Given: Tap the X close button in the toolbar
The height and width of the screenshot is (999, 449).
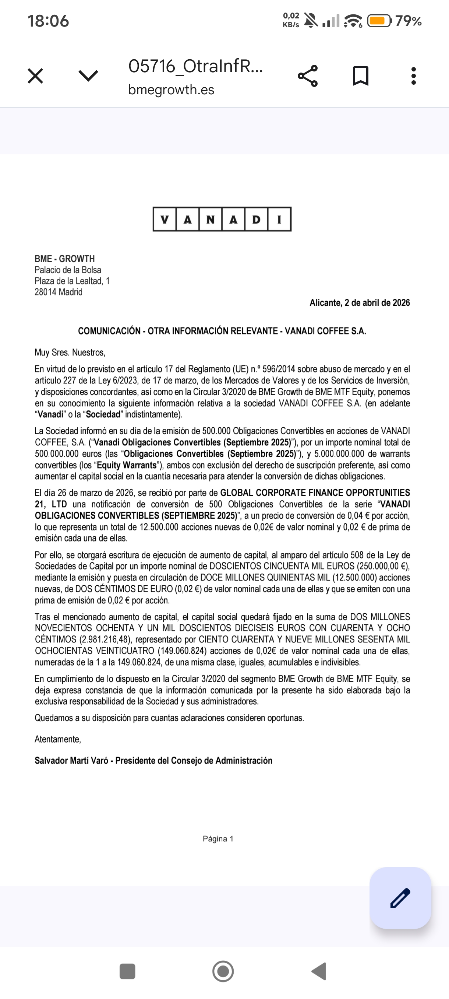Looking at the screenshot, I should point(35,76).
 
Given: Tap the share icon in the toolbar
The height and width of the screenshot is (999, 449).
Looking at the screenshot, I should point(308,76).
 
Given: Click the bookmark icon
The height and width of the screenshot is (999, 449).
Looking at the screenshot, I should point(360,76).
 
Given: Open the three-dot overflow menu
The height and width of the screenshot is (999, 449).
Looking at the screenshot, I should point(413,76).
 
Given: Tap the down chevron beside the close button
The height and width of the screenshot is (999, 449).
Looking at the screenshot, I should point(88,76).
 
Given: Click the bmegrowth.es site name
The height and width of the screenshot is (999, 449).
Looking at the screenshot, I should point(171,90).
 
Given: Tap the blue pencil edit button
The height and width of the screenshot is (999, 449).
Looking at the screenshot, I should point(400,898).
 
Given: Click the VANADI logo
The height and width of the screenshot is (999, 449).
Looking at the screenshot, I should point(222,219).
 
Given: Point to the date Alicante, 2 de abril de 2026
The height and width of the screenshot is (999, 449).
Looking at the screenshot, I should point(360,302).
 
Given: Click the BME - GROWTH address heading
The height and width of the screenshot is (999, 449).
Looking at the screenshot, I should point(65,259).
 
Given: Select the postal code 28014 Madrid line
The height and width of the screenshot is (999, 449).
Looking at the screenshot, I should point(59,292).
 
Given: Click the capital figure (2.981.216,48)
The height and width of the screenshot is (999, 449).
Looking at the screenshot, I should point(105,639).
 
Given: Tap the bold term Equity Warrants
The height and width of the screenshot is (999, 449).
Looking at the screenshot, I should point(126,465).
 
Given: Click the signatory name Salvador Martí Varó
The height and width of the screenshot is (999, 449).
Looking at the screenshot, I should point(71,761).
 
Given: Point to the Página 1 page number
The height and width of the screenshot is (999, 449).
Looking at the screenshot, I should point(218,839).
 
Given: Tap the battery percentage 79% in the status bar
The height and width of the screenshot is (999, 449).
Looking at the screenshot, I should point(408,21).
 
